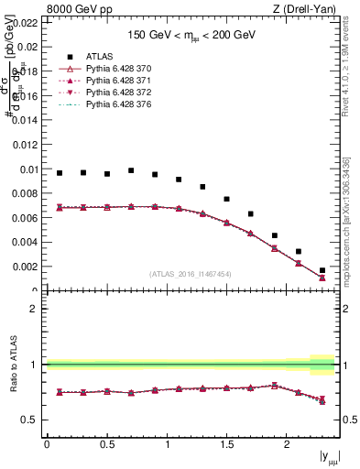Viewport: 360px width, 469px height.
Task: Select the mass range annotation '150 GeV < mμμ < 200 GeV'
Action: pos(192,34)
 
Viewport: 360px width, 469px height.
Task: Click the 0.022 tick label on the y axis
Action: pos(24,22)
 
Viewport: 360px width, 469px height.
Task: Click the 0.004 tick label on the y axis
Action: pos(24,243)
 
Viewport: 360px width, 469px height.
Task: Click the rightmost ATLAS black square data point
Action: pos(322,270)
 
